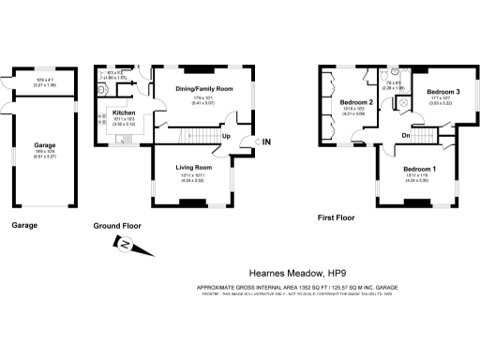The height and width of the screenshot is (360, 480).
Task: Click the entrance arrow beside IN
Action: coord(252,142)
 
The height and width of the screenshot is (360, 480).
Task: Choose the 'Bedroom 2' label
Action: coord(357,101)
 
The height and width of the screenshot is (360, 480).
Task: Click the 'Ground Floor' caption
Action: coord(117,226)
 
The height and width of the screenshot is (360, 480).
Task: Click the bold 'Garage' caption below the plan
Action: coord(24,226)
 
